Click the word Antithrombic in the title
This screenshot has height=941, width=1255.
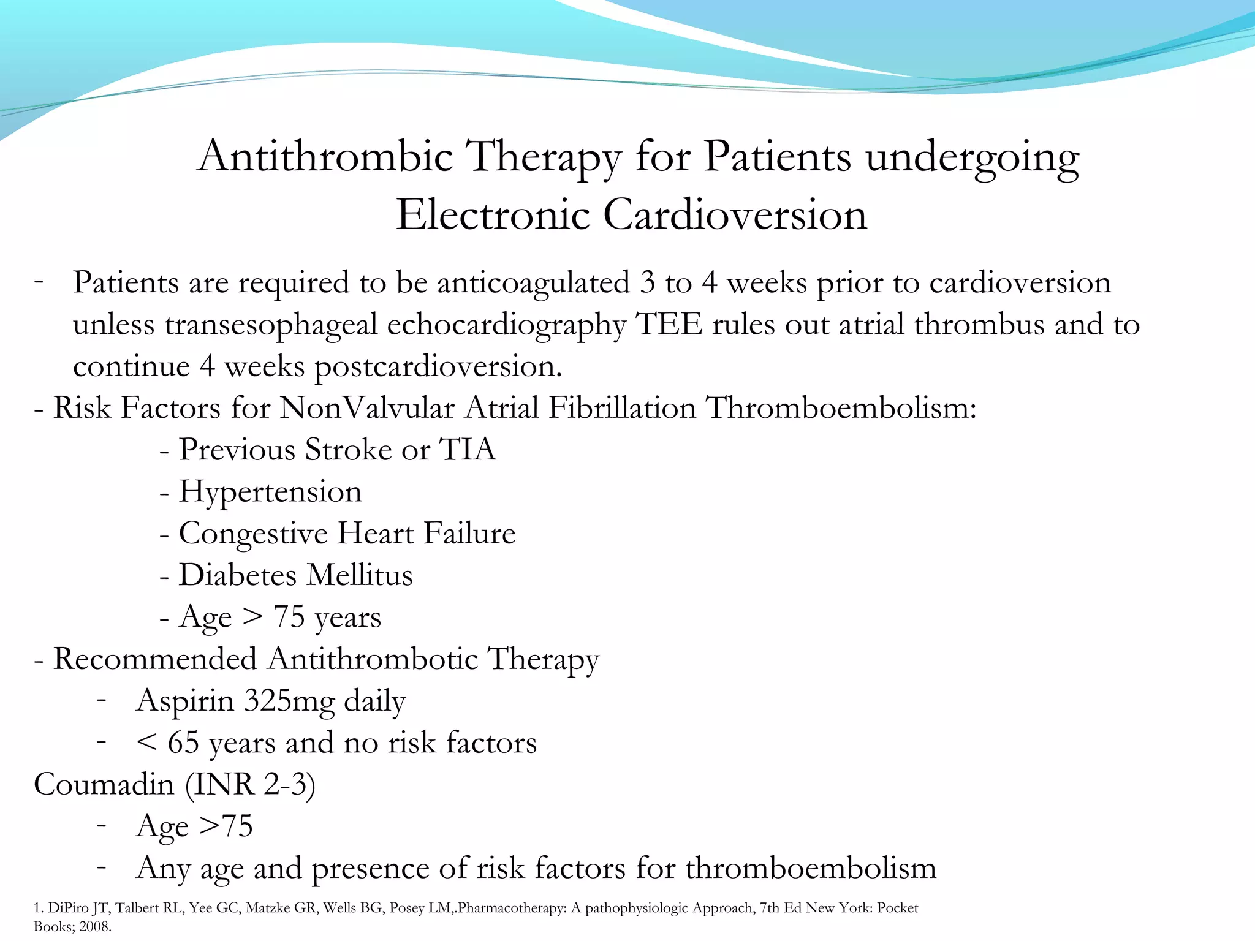325,157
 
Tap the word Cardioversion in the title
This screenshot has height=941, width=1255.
735,215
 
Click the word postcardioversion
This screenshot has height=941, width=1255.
438,367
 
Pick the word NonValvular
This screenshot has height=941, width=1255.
367,408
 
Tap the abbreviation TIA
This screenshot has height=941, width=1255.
468,450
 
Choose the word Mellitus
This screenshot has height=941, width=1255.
360,575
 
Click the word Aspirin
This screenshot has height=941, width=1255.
184,701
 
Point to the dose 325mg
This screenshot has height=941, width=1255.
290,701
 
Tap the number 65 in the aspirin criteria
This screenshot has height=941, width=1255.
183,743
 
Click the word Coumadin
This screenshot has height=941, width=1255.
104,785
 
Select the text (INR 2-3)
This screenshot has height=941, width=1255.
250,785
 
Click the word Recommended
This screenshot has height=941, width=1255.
155,659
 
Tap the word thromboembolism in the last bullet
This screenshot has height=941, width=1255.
810,868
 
